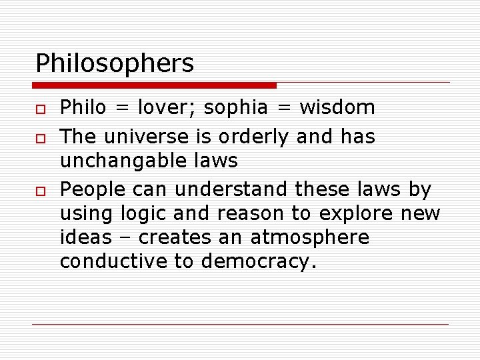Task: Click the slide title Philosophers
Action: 115,64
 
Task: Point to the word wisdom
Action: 337,107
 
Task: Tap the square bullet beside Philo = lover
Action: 41,108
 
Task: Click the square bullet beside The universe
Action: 41,138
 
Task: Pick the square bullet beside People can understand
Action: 41,191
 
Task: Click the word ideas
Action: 84,238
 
